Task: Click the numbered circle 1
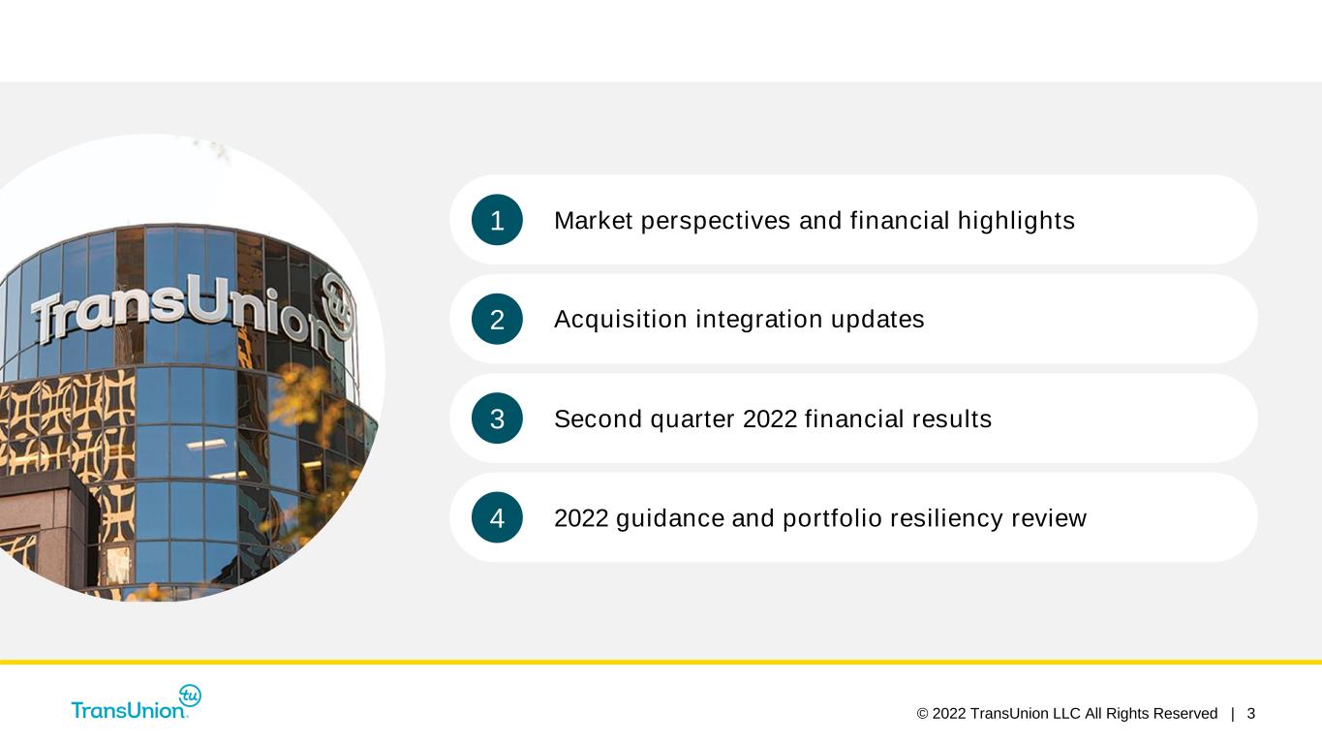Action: point(497,220)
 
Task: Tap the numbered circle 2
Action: point(497,319)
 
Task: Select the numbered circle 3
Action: point(497,418)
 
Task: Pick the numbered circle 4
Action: point(497,517)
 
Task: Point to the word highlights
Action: point(1016,222)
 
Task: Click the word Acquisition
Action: point(620,320)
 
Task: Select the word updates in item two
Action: point(877,320)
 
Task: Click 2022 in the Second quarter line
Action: point(770,419)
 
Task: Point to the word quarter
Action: point(692,419)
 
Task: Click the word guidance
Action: point(669,519)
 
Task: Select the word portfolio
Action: point(832,519)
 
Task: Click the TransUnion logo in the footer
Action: point(137,702)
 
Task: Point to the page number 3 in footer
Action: point(1250,714)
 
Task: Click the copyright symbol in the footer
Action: point(922,714)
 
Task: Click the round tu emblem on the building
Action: point(338,306)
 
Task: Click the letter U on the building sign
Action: point(206,300)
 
